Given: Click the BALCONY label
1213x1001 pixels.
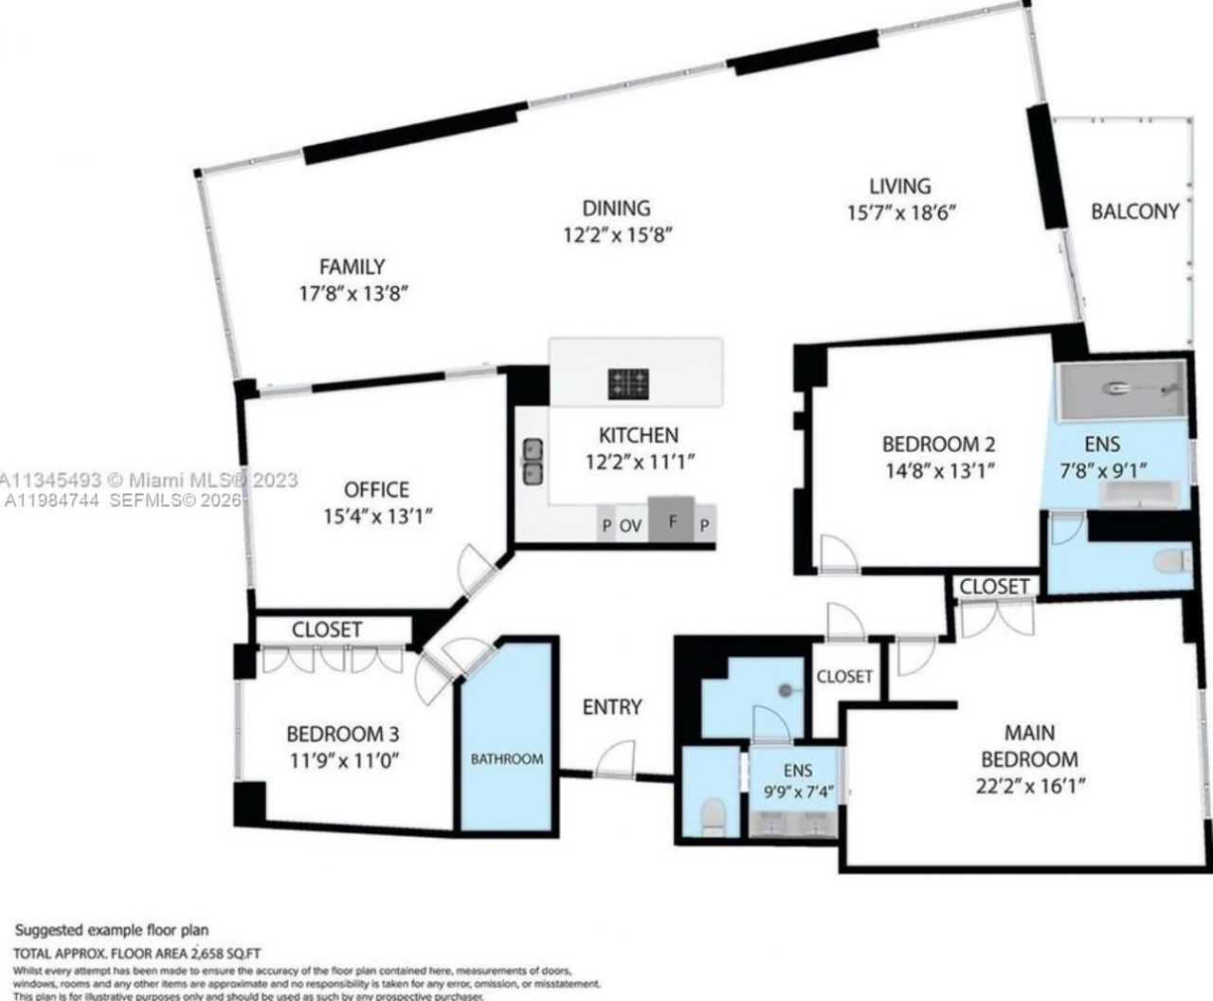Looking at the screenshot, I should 1134,211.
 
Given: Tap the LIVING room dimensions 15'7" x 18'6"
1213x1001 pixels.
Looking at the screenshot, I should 900,212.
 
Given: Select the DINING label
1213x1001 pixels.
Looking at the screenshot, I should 616,208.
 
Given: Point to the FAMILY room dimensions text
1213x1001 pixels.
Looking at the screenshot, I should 353,294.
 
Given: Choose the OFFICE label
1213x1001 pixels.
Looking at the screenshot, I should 376,490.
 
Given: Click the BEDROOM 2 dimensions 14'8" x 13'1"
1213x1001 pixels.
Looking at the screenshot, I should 937,469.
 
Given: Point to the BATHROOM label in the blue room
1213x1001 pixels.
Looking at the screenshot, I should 508,758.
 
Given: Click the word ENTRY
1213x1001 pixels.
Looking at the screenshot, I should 611,706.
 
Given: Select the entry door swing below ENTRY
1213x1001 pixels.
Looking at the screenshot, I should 616,758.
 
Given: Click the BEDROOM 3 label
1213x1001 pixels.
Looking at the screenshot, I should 342,734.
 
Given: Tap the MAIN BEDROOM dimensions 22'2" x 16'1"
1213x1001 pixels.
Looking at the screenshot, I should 1028,785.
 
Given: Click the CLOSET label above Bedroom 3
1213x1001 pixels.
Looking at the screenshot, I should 326,629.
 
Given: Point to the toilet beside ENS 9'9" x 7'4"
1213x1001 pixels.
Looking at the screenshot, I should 711,814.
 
